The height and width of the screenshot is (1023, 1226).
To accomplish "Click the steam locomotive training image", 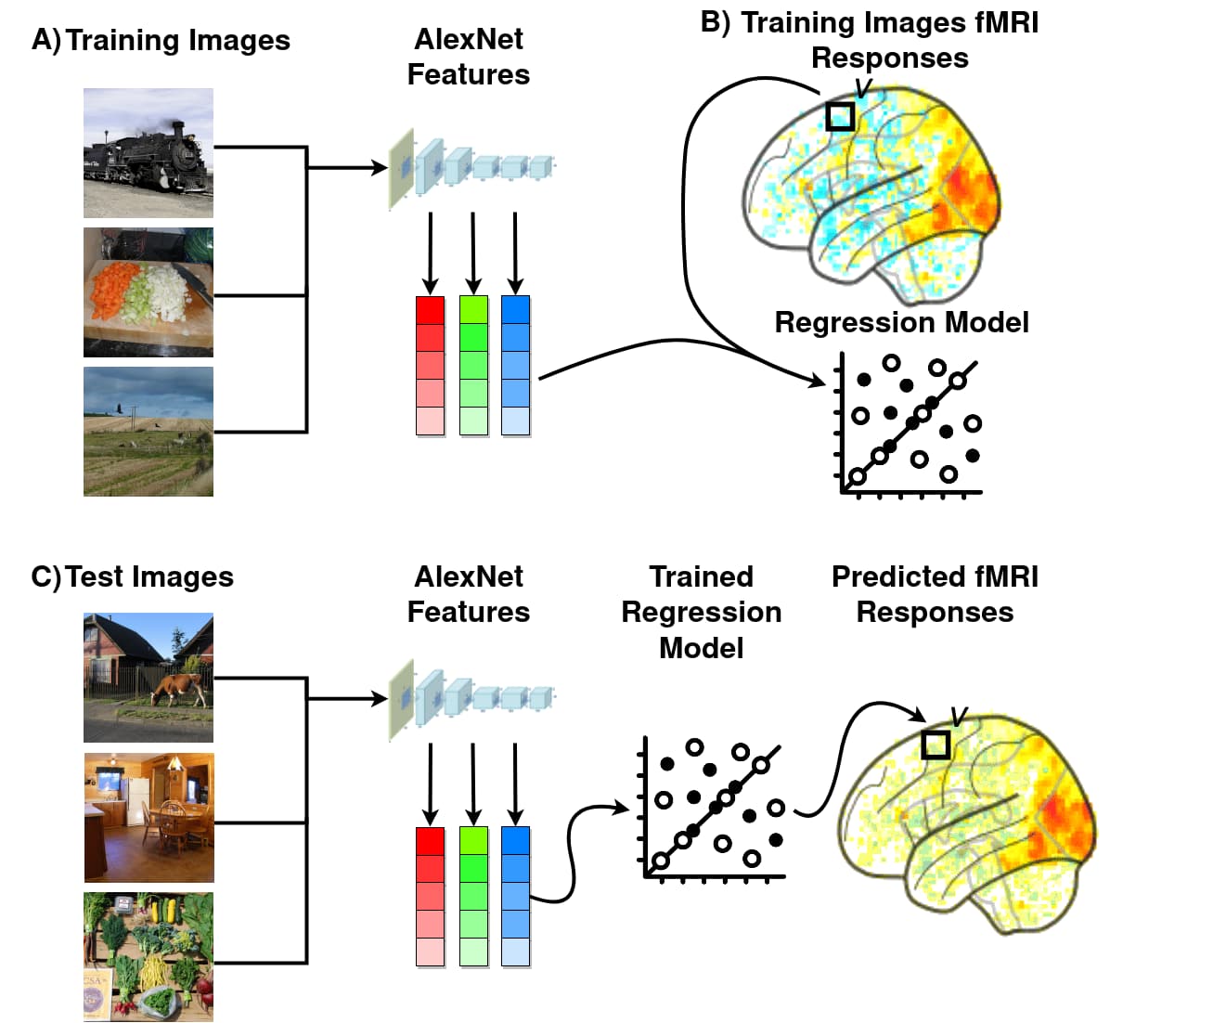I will [148, 153].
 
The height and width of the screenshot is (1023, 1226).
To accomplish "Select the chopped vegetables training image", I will [148, 292].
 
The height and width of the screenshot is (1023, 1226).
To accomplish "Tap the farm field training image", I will [148, 431].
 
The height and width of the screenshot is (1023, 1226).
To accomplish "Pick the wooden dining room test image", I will [148, 817].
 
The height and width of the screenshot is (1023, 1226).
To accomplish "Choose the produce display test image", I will [148, 956].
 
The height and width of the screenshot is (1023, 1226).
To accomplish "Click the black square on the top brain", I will [840, 116].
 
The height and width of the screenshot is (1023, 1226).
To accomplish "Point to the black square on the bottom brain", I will [936, 745].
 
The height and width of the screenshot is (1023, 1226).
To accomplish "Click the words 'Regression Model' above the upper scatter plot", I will [901, 322].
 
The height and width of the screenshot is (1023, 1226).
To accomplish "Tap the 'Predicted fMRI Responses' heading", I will [935, 594].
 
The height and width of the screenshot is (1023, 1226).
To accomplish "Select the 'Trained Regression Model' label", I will [701, 612].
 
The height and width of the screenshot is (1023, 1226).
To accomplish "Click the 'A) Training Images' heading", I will [161, 41].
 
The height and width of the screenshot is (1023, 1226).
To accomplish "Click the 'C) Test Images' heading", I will [132, 576].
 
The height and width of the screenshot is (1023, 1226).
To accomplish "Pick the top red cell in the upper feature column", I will [430, 309].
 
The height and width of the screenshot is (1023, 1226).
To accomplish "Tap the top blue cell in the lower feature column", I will [515, 841].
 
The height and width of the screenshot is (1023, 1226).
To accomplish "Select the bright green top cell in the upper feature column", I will [473, 309].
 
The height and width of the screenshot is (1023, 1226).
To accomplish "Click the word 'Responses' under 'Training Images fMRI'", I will [889, 58].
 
